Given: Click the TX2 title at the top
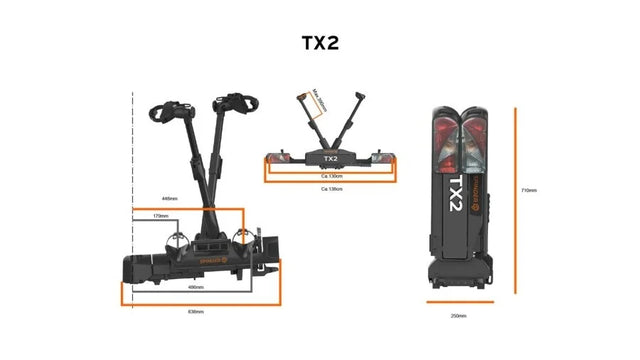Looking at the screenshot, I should [x=320, y=43].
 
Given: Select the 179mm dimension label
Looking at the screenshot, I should [x=160, y=215].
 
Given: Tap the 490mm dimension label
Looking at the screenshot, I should [x=197, y=288].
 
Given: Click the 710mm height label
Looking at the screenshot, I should [x=529, y=190].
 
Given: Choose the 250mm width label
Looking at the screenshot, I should [x=458, y=316].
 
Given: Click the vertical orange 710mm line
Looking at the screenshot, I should [x=516, y=200].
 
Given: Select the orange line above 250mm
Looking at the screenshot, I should [x=459, y=301].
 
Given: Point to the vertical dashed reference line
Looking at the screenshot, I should [x=134, y=200].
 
